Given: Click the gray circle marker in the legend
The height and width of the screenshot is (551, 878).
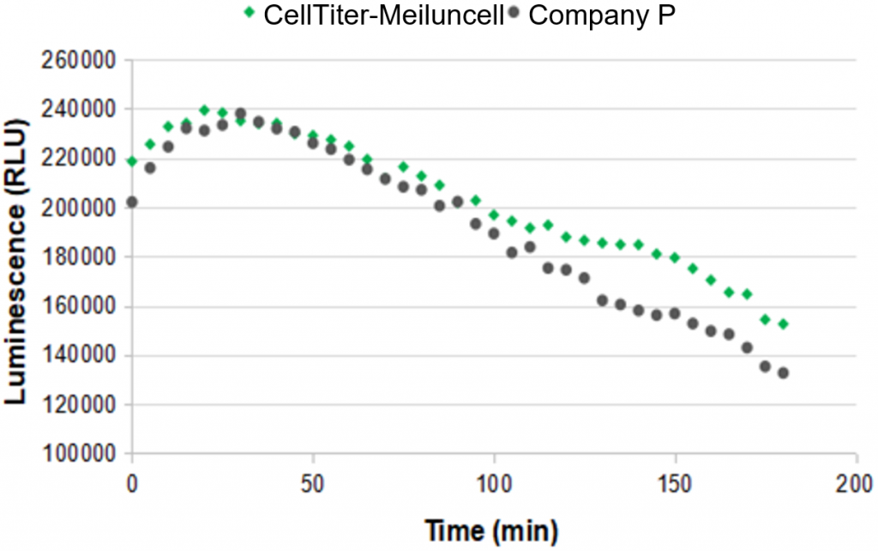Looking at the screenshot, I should tap(513, 15).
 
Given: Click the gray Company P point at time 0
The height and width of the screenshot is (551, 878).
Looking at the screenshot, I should tap(132, 202).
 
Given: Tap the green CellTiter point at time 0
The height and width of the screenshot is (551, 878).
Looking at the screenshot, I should tap(132, 161).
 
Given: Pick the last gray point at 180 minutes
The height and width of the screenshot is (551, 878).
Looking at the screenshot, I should tap(783, 373).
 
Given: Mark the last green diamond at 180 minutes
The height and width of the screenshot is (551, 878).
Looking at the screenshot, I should tap(783, 324).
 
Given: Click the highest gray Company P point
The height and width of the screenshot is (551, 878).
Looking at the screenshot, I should tap(241, 113).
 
